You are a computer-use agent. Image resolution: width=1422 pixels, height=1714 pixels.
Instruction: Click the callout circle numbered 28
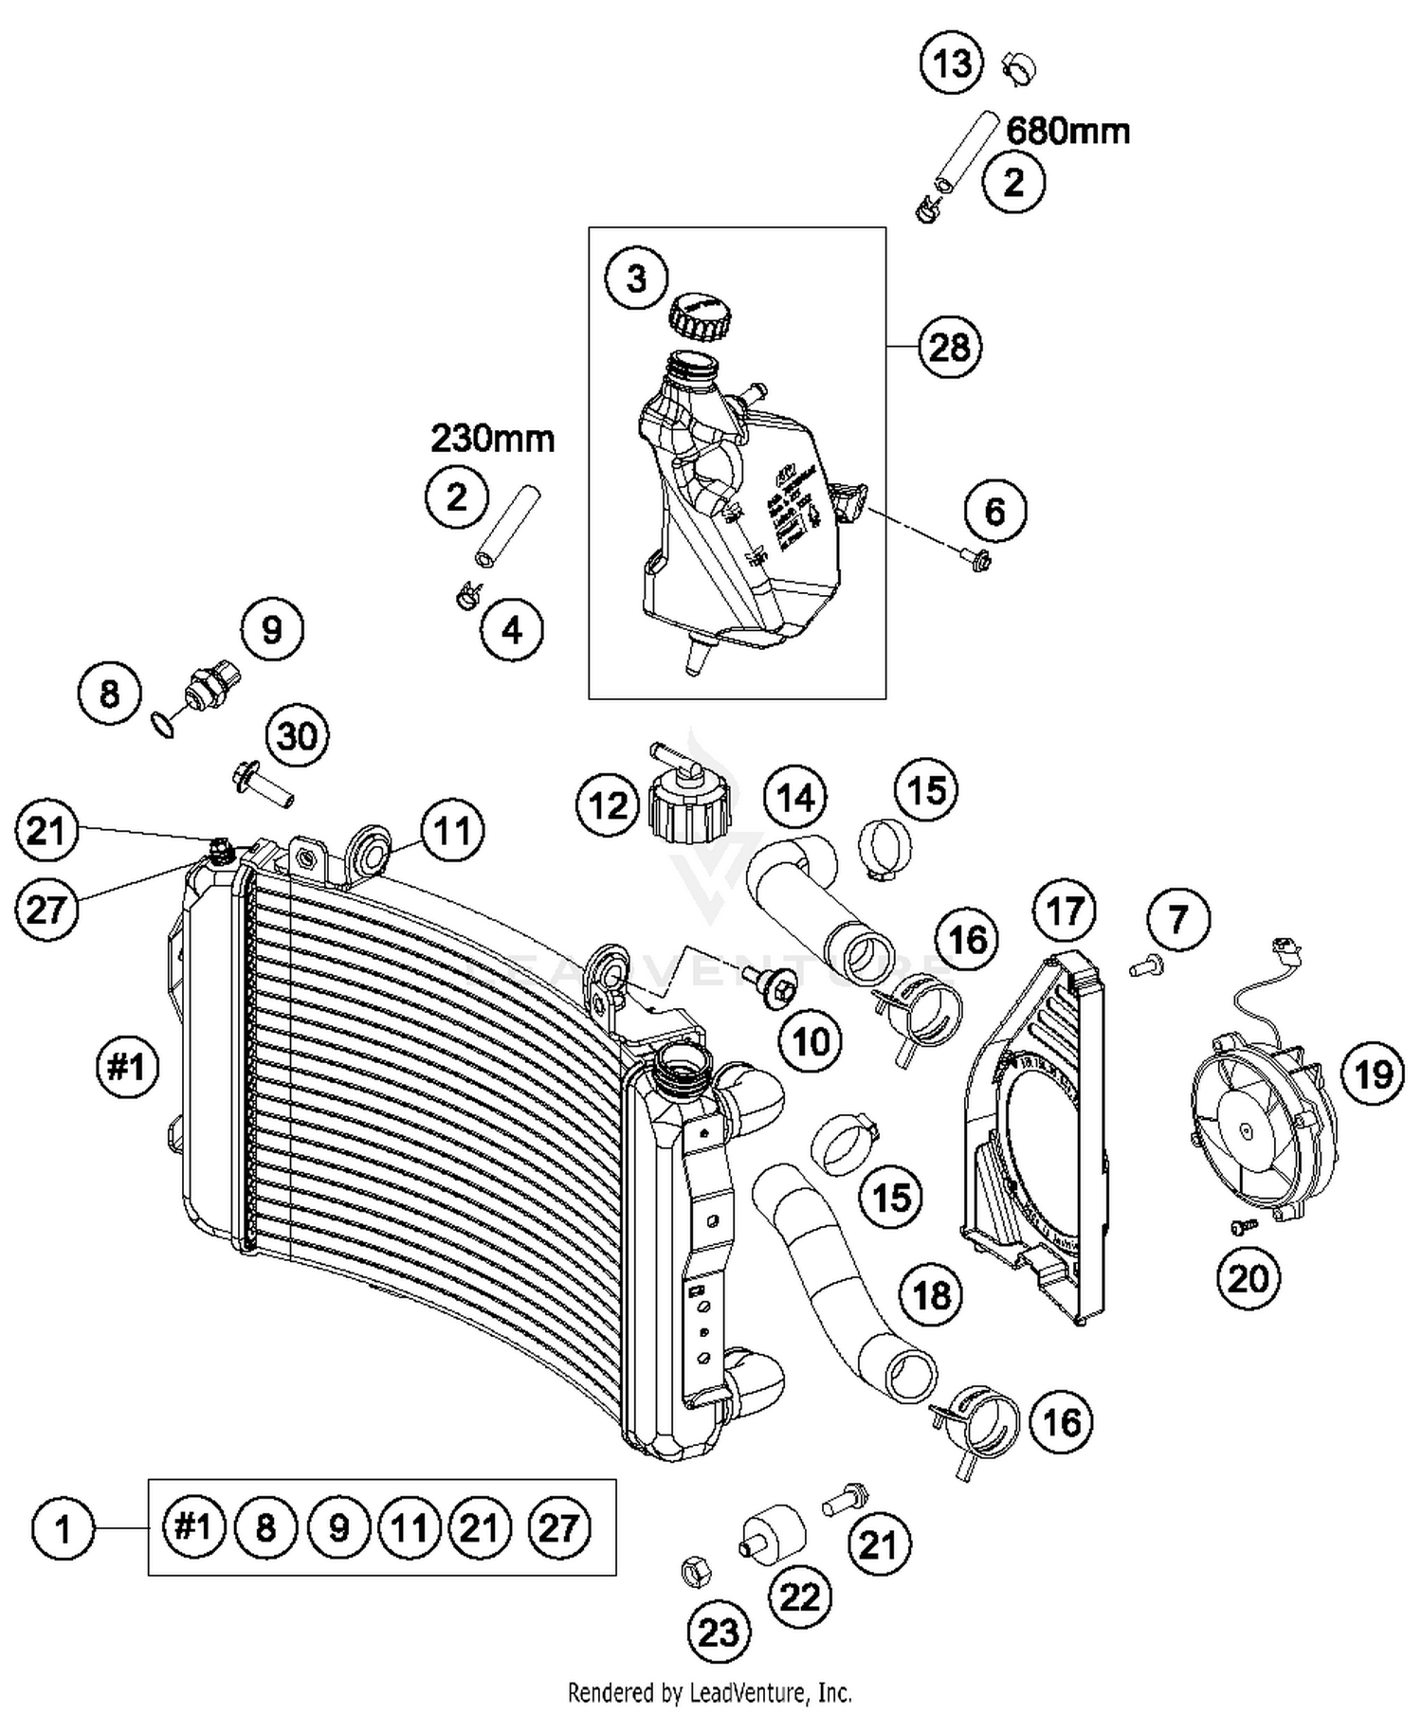click(950, 348)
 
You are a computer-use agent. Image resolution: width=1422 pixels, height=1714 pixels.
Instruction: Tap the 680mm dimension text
click(1067, 130)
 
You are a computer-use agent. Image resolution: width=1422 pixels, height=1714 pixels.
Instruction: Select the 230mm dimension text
click(492, 439)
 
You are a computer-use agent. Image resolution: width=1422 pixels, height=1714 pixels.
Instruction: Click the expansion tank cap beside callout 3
click(700, 317)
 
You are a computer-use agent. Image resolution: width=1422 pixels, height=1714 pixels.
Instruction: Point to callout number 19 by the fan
click(1373, 1074)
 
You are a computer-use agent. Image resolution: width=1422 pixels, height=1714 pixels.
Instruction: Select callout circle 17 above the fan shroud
click(1064, 911)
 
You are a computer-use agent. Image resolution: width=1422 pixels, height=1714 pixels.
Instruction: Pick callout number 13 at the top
click(952, 63)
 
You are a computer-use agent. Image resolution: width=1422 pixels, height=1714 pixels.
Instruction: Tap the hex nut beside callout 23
click(691, 1570)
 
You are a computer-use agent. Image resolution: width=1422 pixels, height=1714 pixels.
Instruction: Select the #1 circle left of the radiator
click(127, 1067)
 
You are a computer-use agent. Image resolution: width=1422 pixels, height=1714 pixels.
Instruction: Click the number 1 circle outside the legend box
click(64, 1528)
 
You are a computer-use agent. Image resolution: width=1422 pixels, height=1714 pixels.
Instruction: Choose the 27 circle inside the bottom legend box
click(557, 1527)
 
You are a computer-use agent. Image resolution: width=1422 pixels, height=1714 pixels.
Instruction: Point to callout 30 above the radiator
click(297, 735)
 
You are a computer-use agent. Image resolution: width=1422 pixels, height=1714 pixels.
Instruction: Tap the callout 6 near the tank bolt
click(994, 512)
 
